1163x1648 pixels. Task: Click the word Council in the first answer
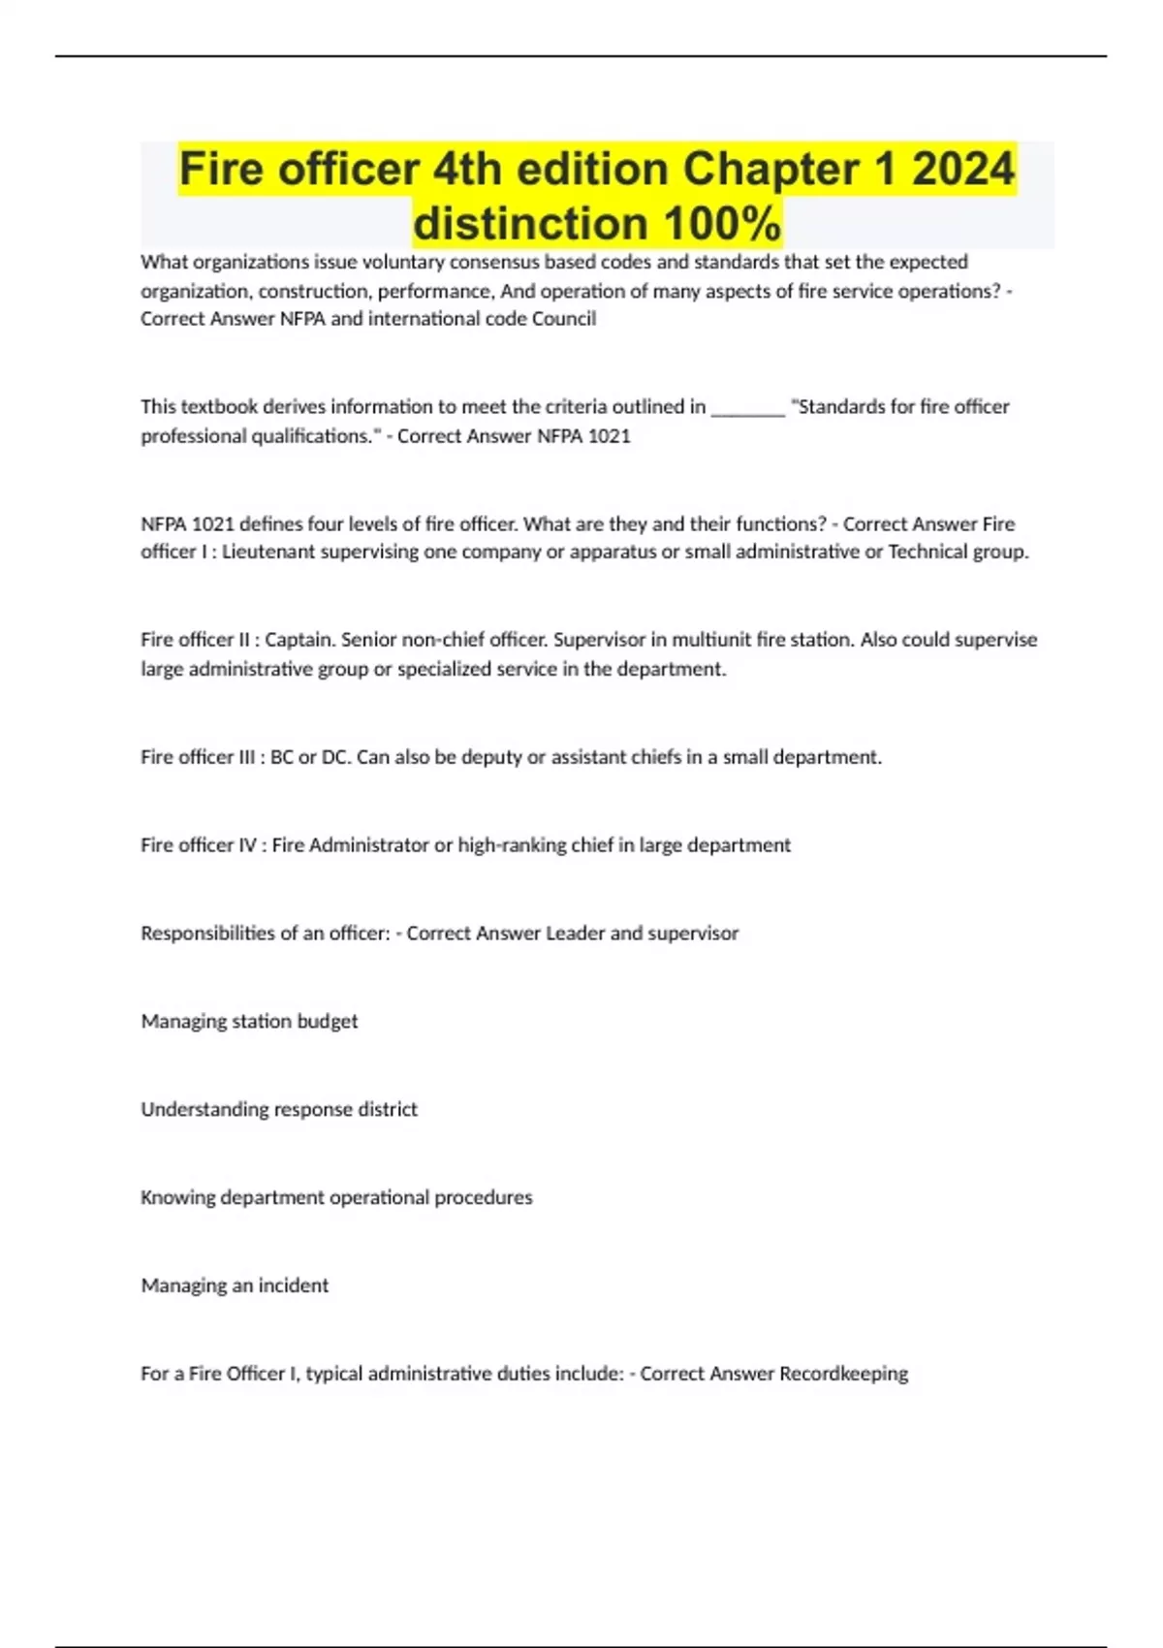pos(564,319)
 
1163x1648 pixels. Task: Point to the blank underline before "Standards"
pos(747,407)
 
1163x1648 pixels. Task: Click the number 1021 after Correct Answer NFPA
pos(609,436)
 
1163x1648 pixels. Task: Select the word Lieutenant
pos(269,552)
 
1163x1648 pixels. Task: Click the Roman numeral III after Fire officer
pos(246,757)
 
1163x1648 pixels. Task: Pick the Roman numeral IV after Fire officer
pos(246,845)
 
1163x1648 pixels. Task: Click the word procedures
pos(483,1197)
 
